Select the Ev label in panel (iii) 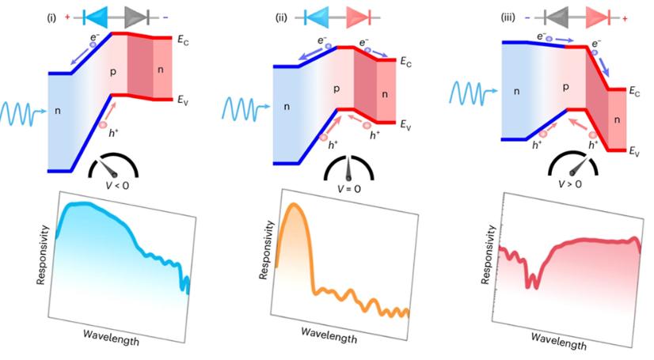pyautogui.click(x=634, y=151)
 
